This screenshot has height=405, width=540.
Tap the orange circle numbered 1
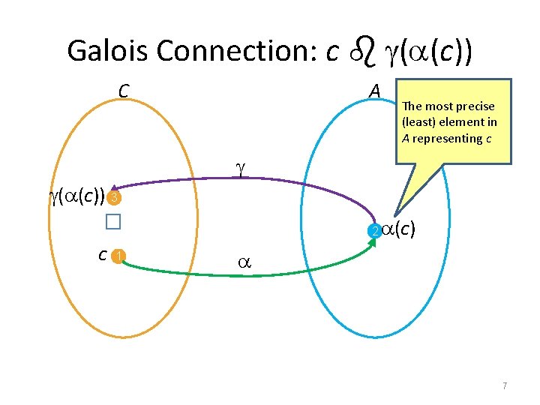pyautogui.click(x=117, y=257)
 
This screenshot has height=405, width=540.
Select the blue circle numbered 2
pyautogui.click(x=373, y=231)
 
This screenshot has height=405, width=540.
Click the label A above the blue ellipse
pyautogui.click(x=376, y=91)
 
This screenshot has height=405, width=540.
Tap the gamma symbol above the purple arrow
pyautogui.click(x=240, y=169)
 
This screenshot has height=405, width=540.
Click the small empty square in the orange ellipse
pyautogui.click(x=112, y=222)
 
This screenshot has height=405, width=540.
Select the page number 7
pyautogui.click(x=505, y=385)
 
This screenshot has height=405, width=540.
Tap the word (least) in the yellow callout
pyautogui.click(x=420, y=122)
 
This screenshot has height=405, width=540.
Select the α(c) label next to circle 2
pyautogui.click(x=399, y=229)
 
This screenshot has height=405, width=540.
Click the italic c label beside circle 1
pyautogui.click(x=101, y=255)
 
